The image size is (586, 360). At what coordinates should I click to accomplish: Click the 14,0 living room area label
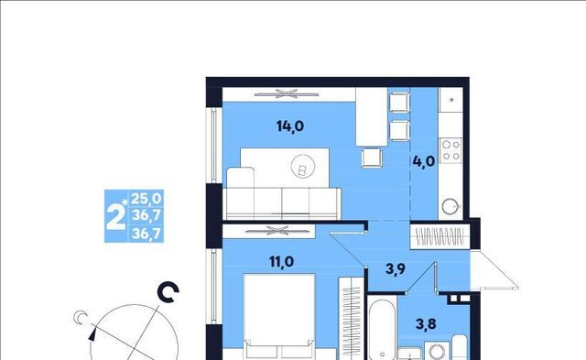(290, 126)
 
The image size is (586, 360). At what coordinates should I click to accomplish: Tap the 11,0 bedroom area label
(281, 262)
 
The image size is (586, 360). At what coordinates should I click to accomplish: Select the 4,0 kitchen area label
(424, 161)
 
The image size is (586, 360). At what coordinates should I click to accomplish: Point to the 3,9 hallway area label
(396, 268)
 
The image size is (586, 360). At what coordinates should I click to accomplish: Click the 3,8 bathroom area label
(426, 323)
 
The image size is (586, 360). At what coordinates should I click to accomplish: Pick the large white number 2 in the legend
(115, 217)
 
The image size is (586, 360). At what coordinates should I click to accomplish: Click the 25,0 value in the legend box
(146, 198)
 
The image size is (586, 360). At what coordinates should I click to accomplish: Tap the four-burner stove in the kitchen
(451, 150)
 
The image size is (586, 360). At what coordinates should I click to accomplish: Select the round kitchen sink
(450, 206)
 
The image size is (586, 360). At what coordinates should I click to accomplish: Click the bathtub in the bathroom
(382, 329)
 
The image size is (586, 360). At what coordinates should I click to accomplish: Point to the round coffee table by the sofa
(303, 167)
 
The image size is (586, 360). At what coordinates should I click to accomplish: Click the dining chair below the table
(372, 158)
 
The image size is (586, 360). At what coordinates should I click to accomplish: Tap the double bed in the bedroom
(279, 317)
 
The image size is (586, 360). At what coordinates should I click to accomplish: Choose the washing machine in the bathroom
(437, 351)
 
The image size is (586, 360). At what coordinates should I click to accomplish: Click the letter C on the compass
(168, 292)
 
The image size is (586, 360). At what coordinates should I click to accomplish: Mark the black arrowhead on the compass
(92, 333)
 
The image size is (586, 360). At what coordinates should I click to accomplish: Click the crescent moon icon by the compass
(80, 317)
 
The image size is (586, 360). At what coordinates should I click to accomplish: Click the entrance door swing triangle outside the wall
(494, 270)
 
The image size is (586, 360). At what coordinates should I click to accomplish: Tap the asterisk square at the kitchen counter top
(451, 100)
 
